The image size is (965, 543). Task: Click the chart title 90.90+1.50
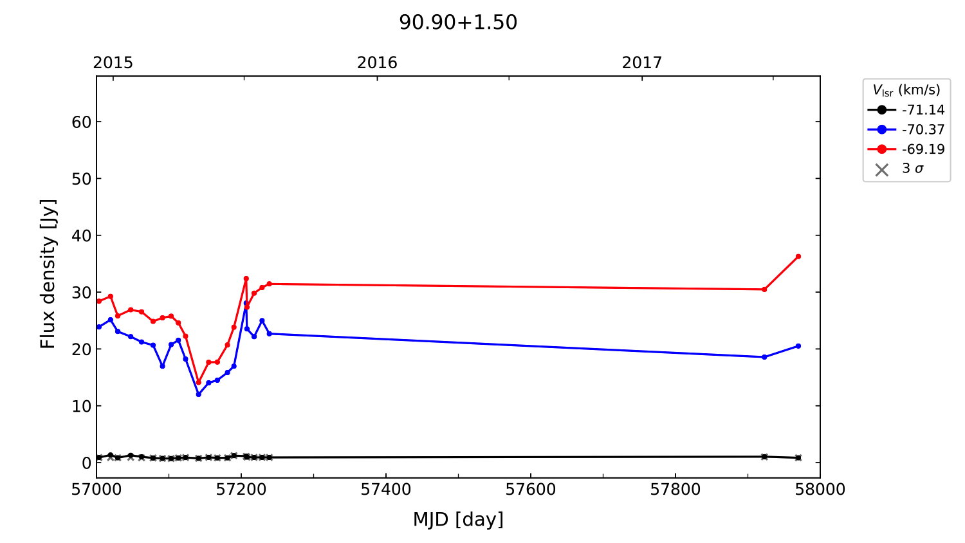[458, 23]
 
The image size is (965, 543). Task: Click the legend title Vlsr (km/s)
[906, 90]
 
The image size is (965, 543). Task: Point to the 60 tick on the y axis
[82, 122]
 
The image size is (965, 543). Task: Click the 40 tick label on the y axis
[82, 236]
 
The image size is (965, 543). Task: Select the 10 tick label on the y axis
[82, 407]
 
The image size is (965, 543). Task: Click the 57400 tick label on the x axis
[386, 490]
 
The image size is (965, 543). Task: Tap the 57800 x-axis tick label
[675, 490]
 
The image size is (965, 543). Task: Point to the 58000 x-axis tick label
[820, 490]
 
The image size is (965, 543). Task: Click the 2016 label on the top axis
[377, 62]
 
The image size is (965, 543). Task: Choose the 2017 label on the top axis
[641, 62]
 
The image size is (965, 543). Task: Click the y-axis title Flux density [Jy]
[48, 273]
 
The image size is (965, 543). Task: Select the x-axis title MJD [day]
[458, 519]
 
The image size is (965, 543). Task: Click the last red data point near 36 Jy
[798, 257]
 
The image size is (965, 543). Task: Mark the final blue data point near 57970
[798, 346]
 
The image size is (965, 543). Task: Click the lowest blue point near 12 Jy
[198, 394]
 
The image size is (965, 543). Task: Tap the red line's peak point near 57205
[246, 279]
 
